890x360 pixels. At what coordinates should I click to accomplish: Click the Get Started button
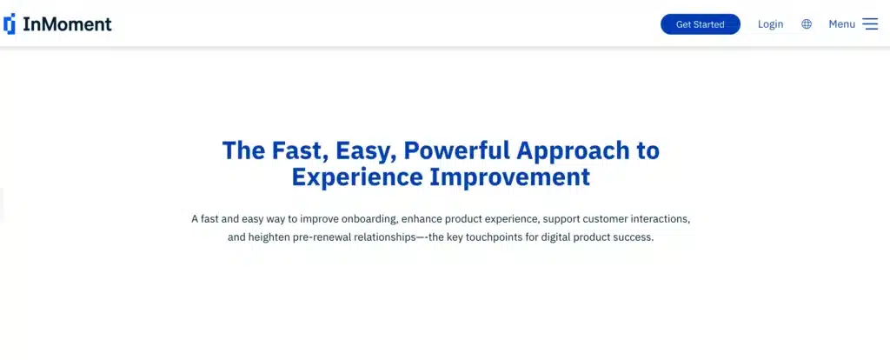tap(700, 24)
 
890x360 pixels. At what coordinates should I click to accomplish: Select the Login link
tap(770, 24)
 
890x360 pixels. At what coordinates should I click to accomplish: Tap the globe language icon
tap(807, 23)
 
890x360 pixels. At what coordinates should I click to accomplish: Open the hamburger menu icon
tap(870, 23)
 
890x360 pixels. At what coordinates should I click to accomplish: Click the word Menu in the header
tap(841, 24)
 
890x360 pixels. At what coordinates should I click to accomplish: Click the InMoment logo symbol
tap(10, 23)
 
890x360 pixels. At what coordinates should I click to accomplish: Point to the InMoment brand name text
tap(67, 23)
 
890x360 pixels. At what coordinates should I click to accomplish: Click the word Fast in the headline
tap(299, 151)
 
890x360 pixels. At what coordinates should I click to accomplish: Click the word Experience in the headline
tap(357, 177)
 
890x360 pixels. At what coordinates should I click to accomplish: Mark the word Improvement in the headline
tap(510, 177)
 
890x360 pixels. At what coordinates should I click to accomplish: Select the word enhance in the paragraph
tap(422, 218)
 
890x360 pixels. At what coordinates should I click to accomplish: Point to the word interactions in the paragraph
tap(663, 218)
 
